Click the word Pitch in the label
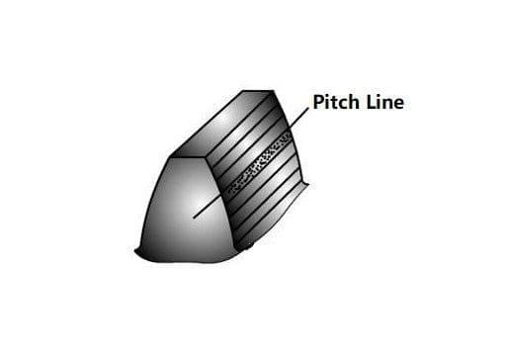[x=336, y=102]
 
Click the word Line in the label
[x=385, y=102]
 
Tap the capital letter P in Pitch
[x=318, y=102]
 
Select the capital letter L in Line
[x=371, y=102]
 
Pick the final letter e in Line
[x=398, y=104]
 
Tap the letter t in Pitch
[x=335, y=103]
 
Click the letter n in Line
[x=386, y=104]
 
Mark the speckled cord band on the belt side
[x=260, y=162]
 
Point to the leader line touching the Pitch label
[x=298, y=118]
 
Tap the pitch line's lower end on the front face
[x=194, y=218]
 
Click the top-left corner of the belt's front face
[x=169, y=157]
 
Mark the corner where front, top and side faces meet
[x=207, y=156]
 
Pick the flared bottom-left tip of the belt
[x=135, y=251]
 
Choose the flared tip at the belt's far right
[x=309, y=184]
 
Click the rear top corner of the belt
[x=274, y=90]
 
